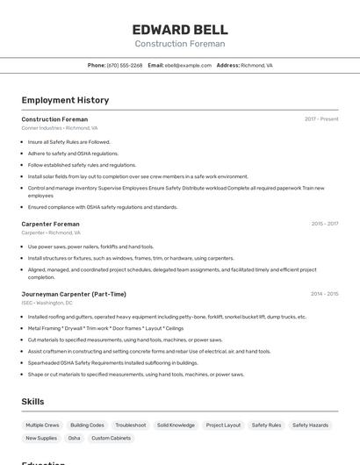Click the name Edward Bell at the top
180,29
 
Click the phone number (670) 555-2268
125,65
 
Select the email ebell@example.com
188,65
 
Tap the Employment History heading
65,100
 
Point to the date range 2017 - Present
321,118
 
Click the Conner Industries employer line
60,128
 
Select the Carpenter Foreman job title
50,224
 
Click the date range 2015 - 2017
325,224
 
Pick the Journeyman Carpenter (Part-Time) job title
74,294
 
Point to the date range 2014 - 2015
325,294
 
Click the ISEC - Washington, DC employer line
47,303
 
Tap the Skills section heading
33,402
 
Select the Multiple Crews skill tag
42,425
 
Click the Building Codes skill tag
87,425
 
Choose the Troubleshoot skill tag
131,425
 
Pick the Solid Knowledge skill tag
176,425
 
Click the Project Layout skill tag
223,425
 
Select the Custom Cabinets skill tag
112,438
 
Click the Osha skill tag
74,438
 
